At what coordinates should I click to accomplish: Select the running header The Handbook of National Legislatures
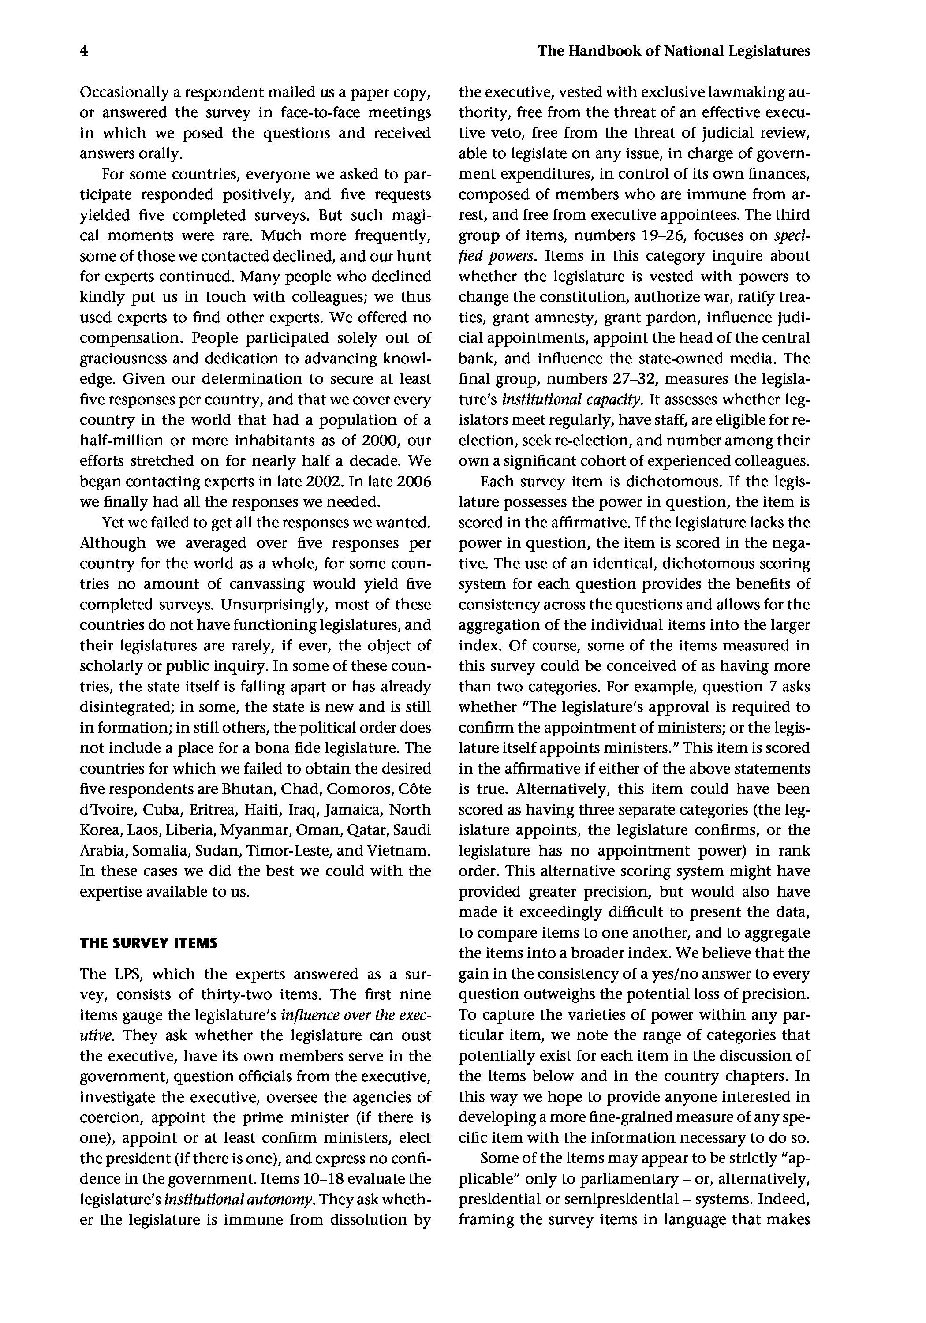tap(674, 51)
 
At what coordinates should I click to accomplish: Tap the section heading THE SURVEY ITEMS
tap(149, 943)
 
